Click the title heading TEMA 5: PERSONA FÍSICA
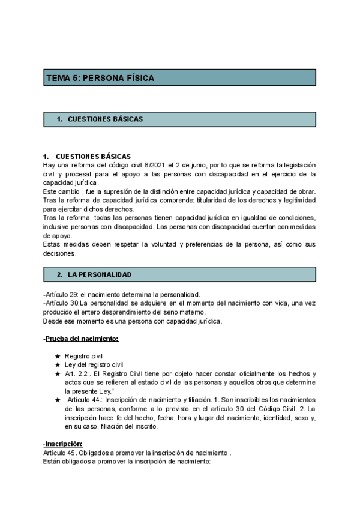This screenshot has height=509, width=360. coord(100,78)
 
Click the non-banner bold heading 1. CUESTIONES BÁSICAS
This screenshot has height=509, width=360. coord(87,157)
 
